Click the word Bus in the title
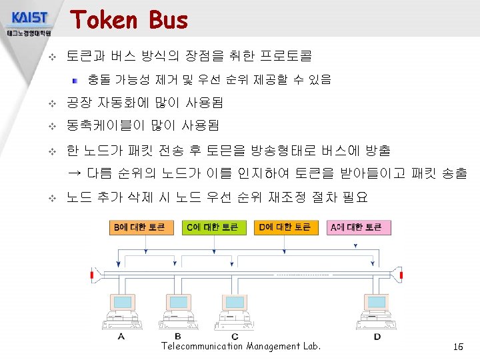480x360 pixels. [169, 20]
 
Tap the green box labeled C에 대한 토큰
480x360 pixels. [211, 227]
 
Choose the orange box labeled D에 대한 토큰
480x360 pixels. [284, 227]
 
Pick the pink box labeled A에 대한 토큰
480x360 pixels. [357, 227]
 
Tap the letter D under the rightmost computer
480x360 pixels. [377, 337]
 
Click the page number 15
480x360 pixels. [457, 347]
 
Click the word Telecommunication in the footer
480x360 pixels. [201, 346]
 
